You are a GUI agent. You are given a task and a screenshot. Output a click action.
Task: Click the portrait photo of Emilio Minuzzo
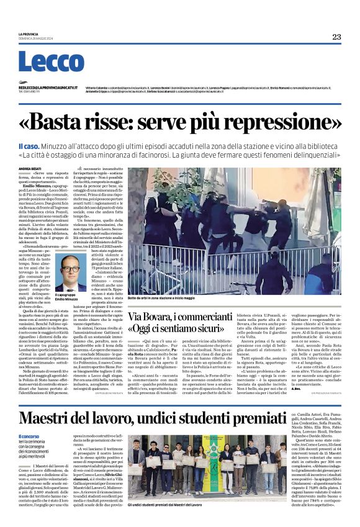click(70, 269)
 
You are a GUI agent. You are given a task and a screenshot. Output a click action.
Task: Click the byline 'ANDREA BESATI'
click(30, 168)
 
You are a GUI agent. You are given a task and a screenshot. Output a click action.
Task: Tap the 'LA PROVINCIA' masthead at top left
click(28, 34)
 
